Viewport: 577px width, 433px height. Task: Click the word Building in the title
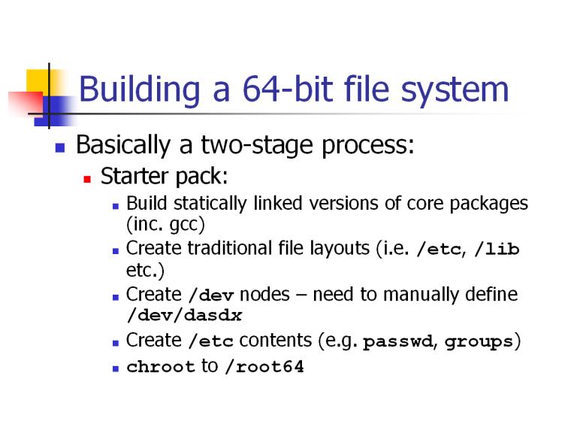[140, 89]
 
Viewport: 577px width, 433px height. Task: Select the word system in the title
[455, 91]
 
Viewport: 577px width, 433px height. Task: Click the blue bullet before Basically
[60, 147]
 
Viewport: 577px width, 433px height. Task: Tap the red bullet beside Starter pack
[87, 180]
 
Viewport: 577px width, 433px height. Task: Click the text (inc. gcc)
[165, 225]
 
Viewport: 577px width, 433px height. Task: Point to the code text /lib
[497, 250]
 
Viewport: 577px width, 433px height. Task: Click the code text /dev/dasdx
[184, 315]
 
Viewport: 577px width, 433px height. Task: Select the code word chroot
[161, 367]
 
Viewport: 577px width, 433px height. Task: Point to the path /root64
[264, 367]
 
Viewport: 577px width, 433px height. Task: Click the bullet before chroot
[116, 368]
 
